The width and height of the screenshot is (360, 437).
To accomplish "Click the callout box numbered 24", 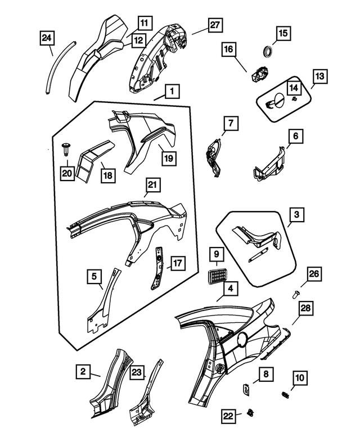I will click(x=47, y=39).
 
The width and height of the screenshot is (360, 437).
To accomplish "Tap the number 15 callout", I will click(x=282, y=34).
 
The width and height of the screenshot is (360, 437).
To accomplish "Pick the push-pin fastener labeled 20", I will click(x=66, y=150).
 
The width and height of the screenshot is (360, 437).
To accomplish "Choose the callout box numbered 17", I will click(x=177, y=263).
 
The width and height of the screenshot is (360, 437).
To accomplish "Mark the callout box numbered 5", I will click(x=95, y=277).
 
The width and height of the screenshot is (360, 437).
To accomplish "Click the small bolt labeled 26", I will click(x=296, y=292).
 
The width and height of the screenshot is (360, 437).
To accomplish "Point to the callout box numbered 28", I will click(x=305, y=309).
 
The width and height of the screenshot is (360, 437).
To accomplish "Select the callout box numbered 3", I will click(x=297, y=215).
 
